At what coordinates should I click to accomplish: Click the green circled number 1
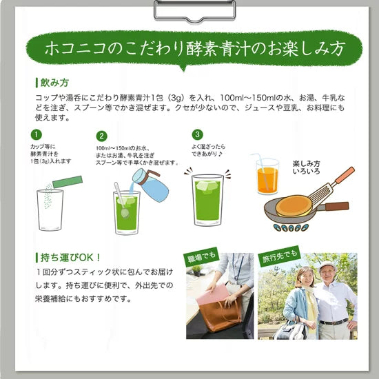tap(37, 134)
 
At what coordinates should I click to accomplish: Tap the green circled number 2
tap(101, 136)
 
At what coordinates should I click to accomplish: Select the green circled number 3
tap(197, 134)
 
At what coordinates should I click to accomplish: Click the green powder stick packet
tap(68, 182)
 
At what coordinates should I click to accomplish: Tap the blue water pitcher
tap(150, 185)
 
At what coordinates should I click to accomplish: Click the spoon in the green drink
tap(121, 201)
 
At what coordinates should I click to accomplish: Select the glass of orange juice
tap(267, 176)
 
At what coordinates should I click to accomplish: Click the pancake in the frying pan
tap(294, 206)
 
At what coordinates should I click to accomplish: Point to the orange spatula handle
tap(345, 175)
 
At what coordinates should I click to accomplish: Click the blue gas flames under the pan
tap(291, 227)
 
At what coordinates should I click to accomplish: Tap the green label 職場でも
tap(202, 257)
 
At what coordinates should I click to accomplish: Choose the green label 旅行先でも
tap(279, 256)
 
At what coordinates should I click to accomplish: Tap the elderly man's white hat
tap(327, 265)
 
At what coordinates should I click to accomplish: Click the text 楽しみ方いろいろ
tap(306, 167)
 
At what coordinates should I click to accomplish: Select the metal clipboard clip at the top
tap(194, 10)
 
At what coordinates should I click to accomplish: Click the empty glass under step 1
tap(50, 209)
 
